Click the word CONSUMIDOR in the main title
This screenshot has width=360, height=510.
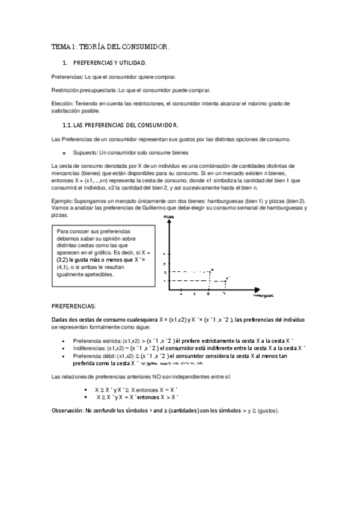145,46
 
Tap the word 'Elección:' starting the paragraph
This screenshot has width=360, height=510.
63,103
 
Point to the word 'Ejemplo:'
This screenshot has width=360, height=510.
63,201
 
